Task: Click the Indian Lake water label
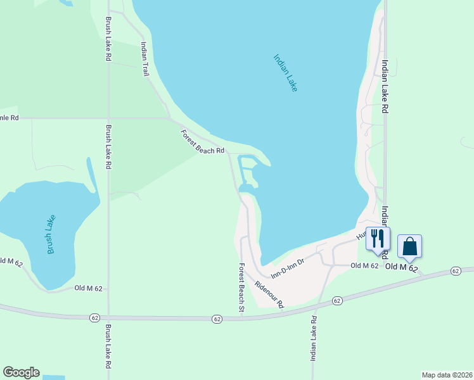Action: click(285, 73)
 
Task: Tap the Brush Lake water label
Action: click(51, 235)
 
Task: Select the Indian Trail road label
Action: click(144, 60)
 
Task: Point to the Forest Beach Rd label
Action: click(203, 142)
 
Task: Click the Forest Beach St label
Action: click(241, 288)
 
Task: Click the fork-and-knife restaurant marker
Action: click(378, 239)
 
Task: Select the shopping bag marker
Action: click(409, 246)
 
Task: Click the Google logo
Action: click(21, 372)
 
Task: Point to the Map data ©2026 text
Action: click(447, 375)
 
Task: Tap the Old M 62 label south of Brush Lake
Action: click(88, 288)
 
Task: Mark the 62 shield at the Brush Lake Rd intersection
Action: click(95, 317)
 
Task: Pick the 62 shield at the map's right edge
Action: click(456, 271)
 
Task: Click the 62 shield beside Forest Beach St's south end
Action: click(217, 318)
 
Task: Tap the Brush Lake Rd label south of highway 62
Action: click(108, 347)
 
